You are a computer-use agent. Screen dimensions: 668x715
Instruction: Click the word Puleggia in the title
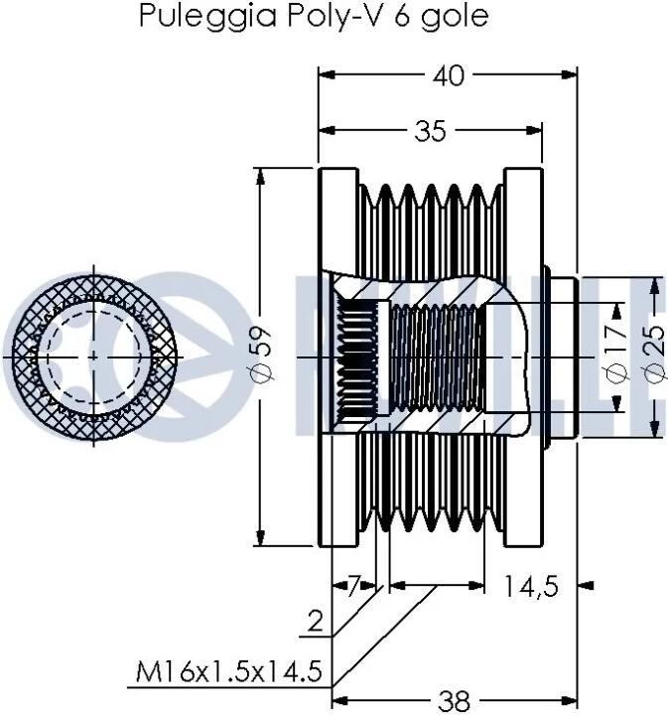(x=207, y=17)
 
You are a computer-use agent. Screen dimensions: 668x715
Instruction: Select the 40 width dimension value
(x=449, y=75)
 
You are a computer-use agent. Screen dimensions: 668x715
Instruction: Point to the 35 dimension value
(x=431, y=131)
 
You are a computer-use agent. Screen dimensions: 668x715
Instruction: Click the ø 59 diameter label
(x=264, y=356)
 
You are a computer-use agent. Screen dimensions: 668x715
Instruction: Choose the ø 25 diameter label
(x=655, y=354)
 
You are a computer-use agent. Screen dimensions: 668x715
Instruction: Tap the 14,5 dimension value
(x=531, y=586)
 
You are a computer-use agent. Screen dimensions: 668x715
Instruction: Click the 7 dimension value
(x=354, y=586)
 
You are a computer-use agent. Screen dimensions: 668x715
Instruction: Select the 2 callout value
(x=316, y=621)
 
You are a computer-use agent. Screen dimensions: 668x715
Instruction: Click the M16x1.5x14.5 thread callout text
(x=229, y=671)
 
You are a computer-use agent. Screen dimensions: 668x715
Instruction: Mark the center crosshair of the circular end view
(x=94, y=357)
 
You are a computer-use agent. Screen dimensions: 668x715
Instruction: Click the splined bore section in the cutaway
(x=357, y=357)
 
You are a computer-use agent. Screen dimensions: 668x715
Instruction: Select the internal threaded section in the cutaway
(x=437, y=357)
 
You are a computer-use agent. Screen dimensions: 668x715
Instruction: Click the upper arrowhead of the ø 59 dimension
(x=261, y=177)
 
